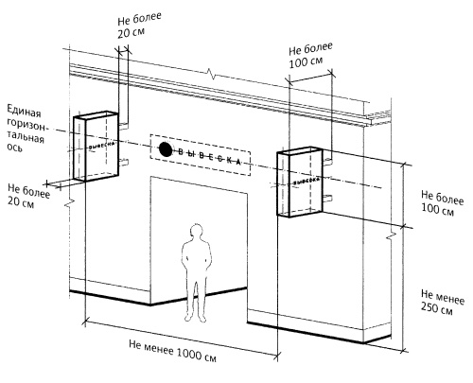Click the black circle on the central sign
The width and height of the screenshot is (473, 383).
click(166, 149)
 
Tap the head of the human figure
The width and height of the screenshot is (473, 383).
click(197, 232)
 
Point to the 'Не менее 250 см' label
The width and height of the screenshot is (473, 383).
click(442, 303)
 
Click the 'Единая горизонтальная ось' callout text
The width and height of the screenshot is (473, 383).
click(26, 129)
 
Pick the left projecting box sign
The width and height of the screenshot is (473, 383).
click(96, 147)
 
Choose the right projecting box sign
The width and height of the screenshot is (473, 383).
click(300, 182)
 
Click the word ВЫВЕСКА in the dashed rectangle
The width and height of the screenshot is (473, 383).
click(209, 157)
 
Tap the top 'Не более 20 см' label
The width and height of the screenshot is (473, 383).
click(139, 26)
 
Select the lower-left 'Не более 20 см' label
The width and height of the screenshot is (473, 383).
click(28, 196)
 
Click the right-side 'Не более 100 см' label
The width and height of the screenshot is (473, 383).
click(442, 203)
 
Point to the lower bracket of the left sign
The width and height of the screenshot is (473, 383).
click(124, 162)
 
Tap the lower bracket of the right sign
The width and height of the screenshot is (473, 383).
click(328, 198)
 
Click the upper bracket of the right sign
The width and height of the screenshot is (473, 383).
click(328, 162)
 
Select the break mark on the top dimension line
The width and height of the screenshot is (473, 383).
click(211, 74)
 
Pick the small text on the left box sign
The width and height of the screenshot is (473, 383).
click(101, 146)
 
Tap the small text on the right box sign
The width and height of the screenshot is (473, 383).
click(307, 181)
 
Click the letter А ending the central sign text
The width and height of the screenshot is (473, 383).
click(238, 162)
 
